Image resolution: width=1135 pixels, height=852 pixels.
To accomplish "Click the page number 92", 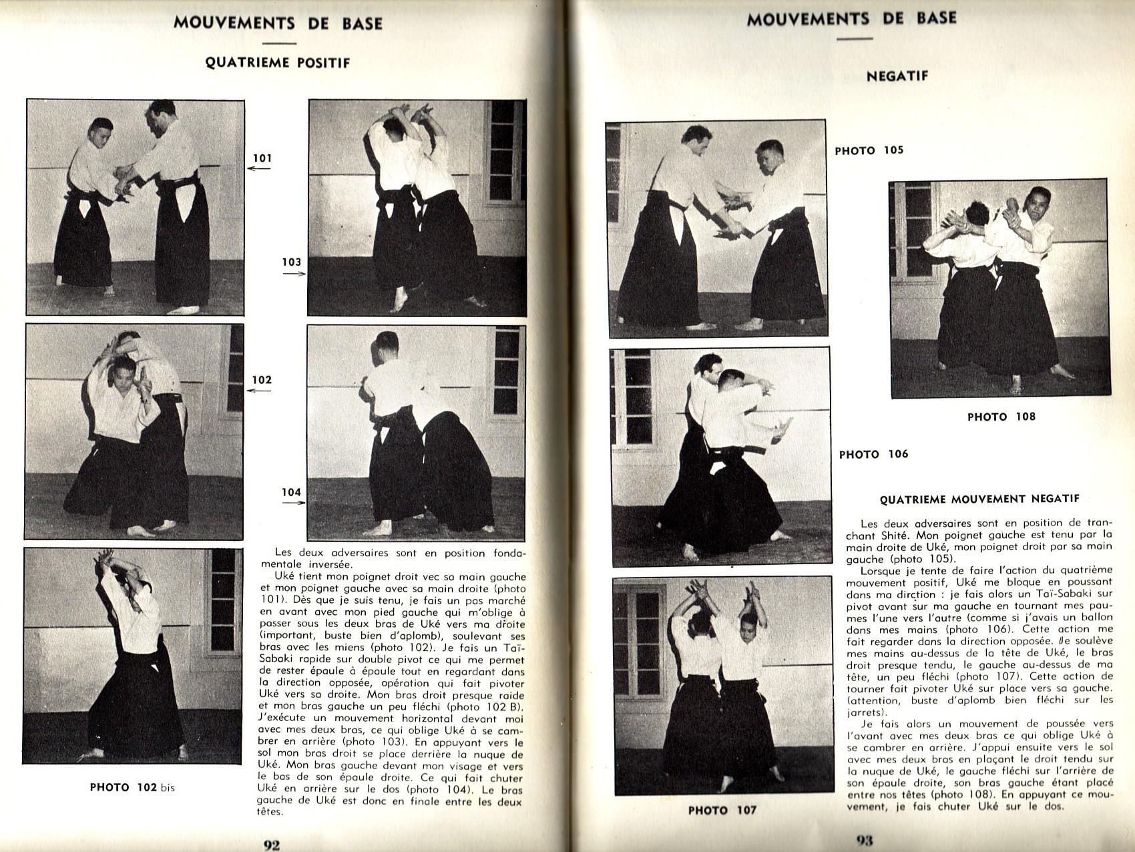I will [271, 845].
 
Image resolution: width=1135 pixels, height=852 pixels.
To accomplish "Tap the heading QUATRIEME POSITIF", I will [277, 63].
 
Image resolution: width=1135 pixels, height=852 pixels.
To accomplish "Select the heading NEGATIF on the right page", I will [897, 76].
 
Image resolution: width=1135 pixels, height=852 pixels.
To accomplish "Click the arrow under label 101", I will [259, 169].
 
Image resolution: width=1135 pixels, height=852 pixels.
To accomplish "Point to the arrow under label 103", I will [293, 273].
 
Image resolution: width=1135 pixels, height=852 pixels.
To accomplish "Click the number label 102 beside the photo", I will [261, 380].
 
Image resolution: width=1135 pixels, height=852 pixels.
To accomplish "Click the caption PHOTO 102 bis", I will [132, 787].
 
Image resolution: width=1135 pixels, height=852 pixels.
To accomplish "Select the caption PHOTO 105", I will [869, 150].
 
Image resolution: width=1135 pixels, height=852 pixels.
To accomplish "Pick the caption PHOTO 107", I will [722, 810].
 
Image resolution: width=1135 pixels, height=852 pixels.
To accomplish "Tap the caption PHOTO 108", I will [1001, 417].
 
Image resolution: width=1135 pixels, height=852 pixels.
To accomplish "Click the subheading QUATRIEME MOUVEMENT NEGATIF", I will [979, 499].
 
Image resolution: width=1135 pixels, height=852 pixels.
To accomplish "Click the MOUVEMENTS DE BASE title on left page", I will [278, 23].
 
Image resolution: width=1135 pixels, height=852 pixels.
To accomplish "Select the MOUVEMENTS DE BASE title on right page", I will [851, 18].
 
